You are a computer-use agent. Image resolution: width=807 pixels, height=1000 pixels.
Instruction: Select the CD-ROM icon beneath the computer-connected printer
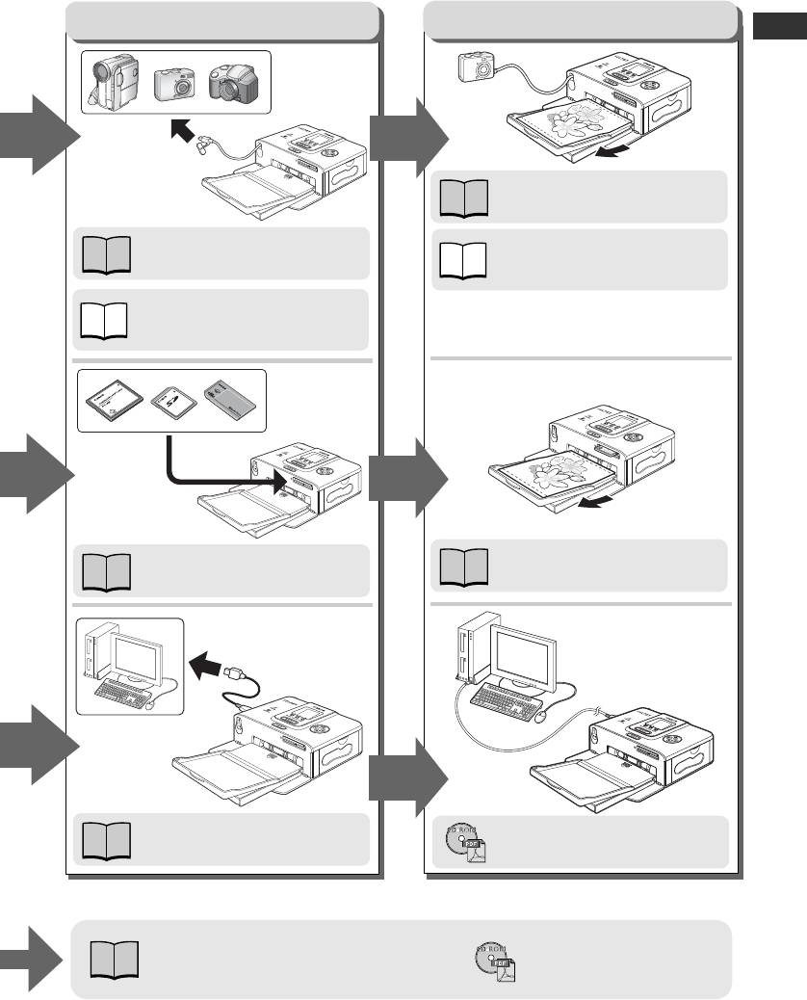(464, 842)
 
